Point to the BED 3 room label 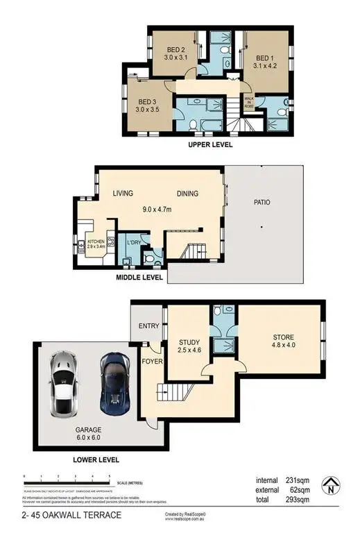[x=146, y=101]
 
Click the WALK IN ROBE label [x=249, y=103]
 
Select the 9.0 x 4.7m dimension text [x=162, y=209]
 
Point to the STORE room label [x=282, y=338]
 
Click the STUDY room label [x=189, y=341]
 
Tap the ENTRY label [x=149, y=327]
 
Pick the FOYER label [x=153, y=361]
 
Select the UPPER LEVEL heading [x=210, y=145]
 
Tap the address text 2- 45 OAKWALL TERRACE [x=62, y=514]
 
